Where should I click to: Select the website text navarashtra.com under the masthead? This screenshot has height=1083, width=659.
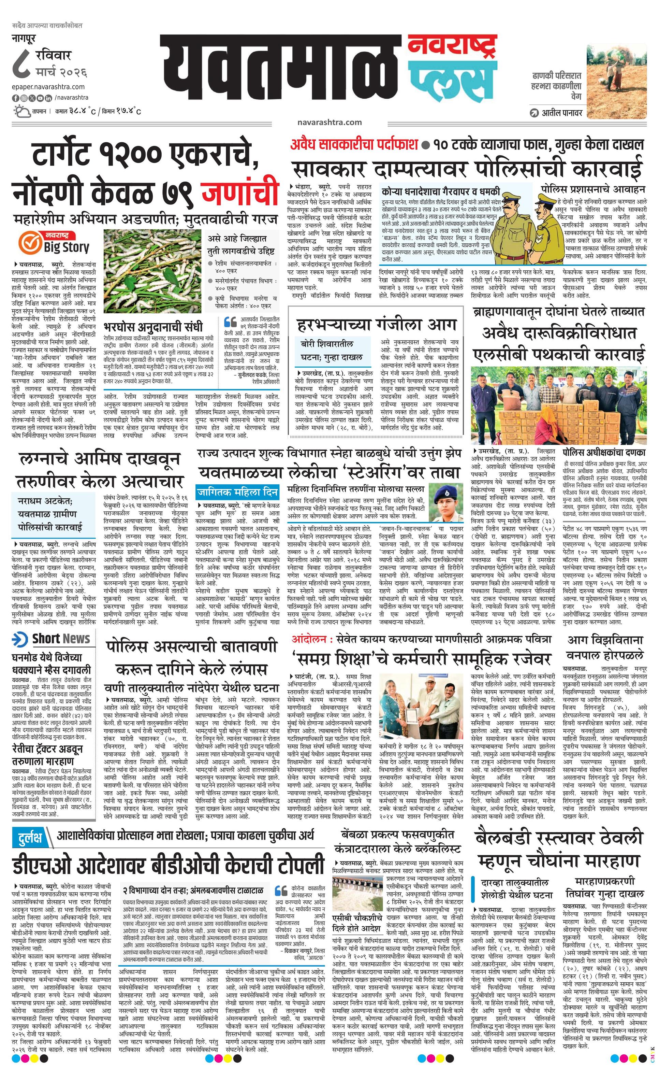pos(329,122)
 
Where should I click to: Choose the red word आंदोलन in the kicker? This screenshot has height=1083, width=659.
pos(310,639)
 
